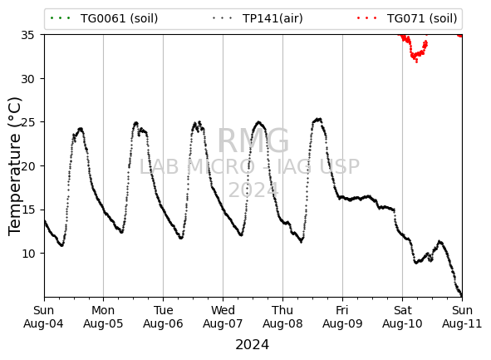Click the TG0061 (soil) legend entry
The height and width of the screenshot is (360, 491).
(104, 18)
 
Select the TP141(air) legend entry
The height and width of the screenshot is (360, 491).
(258, 18)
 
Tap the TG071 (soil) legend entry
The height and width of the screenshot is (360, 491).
(407, 18)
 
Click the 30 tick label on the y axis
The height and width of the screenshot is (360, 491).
(27, 79)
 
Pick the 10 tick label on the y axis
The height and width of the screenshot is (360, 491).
(27, 254)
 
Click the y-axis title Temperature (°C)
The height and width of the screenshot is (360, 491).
(15, 166)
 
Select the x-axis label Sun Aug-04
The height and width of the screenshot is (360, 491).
(43, 317)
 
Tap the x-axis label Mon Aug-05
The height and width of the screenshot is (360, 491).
(103, 317)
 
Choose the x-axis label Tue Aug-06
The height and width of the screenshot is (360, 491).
(163, 317)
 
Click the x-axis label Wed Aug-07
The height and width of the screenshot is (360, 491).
(223, 317)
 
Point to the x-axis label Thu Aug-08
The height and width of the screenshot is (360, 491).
(282, 317)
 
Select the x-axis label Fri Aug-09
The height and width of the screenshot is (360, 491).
(342, 317)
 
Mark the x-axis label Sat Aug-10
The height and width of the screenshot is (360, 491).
(402, 317)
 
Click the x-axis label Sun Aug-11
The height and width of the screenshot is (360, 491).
(462, 317)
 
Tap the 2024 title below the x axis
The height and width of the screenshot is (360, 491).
(252, 345)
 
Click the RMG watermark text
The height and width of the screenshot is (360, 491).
(253, 141)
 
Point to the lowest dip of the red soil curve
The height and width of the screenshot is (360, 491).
(416, 62)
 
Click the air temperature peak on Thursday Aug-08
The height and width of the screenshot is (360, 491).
(318, 120)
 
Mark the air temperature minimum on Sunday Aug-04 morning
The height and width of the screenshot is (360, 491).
(62, 245)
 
